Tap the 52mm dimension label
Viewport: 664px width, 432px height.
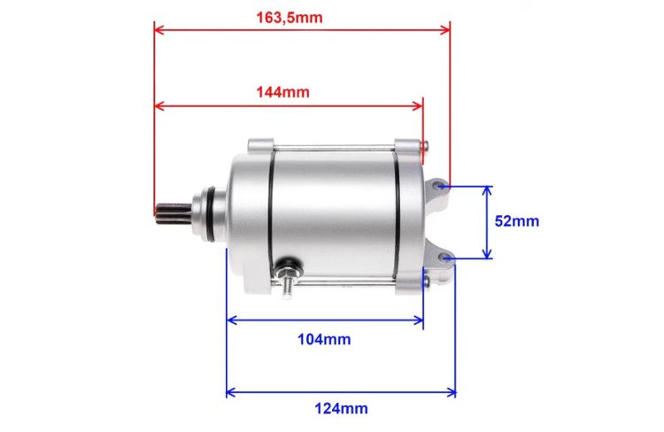tap(516, 221)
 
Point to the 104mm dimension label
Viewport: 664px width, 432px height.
tap(325, 338)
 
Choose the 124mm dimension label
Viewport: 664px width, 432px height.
tap(341, 408)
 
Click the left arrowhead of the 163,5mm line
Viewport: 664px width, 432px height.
tap(158, 28)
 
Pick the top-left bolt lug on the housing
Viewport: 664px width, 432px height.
tap(260, 144)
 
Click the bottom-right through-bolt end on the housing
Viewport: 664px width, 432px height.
tap(428, 282)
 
